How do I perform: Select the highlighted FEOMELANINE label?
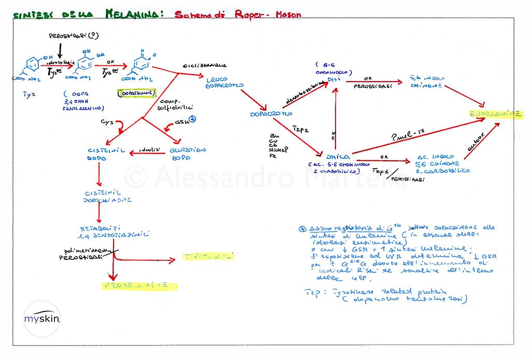[139, 285]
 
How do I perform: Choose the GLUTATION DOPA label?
[188, 154]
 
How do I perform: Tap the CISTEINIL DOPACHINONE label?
[107, 196]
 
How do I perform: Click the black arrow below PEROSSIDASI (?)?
[61, 50]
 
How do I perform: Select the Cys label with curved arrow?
[107, 122]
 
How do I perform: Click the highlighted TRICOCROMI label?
[207, 256]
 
